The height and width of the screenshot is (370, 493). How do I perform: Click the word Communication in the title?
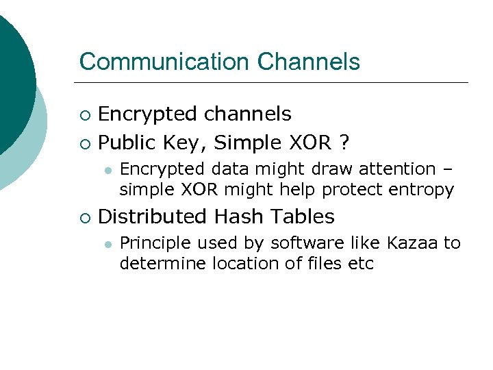click(165, 62)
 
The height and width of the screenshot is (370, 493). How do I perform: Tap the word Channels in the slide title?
click(309, 62)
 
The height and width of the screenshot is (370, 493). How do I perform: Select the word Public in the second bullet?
click(129, 143)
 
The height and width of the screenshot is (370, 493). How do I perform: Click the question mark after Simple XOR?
click(344, 143)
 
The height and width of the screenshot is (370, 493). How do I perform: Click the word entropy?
click(421, 190)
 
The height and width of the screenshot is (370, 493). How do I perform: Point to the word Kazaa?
click(413, 243)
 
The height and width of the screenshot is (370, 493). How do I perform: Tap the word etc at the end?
click(362, 264)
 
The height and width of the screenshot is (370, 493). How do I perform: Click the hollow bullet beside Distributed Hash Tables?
click(84, 218)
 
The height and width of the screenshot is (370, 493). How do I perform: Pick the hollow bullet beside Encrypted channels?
click(84, 114)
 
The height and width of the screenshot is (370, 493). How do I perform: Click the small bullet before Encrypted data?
click(108, 169)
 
